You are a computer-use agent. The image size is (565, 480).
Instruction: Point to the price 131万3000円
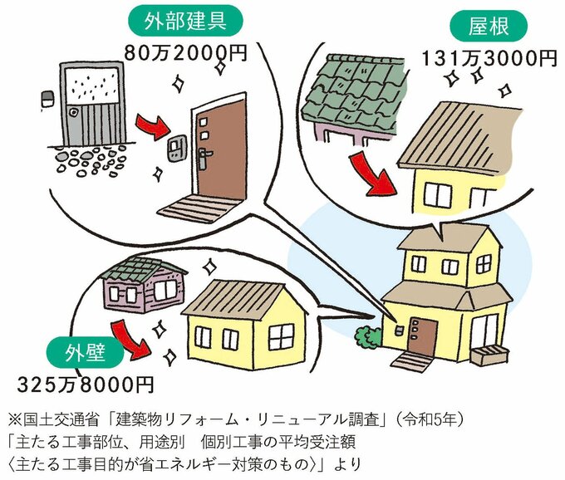coord(489,59)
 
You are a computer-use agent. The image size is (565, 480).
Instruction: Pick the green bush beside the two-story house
coord(366,338)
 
